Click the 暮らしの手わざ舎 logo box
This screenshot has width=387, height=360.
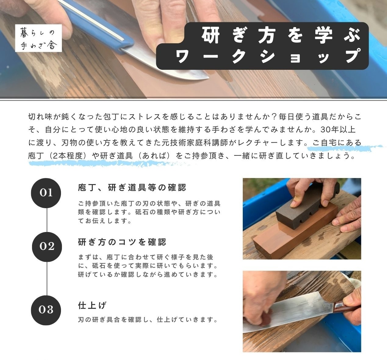tap(38, 38)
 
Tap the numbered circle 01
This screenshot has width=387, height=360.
tap(46, 193)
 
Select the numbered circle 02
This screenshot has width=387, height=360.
tap(47, 247)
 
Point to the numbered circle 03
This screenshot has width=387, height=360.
tap(46, 310)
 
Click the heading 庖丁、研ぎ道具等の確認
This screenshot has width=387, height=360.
tap(132, 187)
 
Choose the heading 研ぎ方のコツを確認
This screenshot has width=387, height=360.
tap(122, 242)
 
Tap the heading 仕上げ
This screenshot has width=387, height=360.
tap(92, 305)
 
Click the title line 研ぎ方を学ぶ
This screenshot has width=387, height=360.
tap(281, 35)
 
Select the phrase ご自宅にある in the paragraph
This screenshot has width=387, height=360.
tap(337, 143)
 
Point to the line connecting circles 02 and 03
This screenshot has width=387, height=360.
tap(47, 279)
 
